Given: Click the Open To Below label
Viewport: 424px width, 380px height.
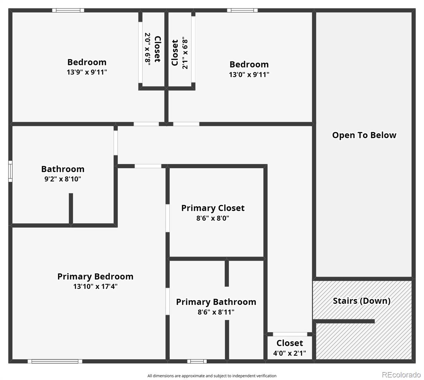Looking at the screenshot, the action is (364, 135).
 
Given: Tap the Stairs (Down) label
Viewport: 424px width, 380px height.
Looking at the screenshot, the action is (362, 301).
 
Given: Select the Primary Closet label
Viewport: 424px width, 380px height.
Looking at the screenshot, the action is (213, 208).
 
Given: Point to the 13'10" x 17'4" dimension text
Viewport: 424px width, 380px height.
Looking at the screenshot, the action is (95, 286).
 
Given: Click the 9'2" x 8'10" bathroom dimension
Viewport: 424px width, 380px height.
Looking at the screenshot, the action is (62, 179).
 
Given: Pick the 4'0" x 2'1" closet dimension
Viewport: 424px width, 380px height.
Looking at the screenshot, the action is (290, 353).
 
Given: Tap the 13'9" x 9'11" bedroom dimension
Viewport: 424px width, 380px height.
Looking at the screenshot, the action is (87, 72).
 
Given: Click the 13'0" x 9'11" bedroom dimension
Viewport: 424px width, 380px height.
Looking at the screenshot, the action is (249, 75).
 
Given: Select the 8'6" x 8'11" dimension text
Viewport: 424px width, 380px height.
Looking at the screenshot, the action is (216, 312).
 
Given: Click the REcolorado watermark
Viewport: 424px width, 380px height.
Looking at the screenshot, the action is (401, 375).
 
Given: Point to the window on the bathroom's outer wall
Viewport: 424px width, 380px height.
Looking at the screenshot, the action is (10, 171).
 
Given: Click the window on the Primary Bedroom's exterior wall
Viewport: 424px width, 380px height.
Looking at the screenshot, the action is (55, 361).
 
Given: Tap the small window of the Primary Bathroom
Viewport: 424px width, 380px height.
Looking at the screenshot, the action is (197, 361).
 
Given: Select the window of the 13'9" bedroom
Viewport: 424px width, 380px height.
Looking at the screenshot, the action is (68, 10).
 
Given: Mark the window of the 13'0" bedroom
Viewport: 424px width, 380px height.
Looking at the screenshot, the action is (242, 10).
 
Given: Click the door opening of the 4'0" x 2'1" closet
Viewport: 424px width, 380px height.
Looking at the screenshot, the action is (290, 334).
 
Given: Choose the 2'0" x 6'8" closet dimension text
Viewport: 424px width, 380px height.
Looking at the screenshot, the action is (148, 49).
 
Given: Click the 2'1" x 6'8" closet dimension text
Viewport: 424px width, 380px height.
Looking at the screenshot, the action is (185, 53).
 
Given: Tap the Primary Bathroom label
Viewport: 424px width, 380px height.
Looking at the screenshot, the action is (216, 302).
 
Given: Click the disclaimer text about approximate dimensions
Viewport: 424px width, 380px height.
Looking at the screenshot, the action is (212, 376).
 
